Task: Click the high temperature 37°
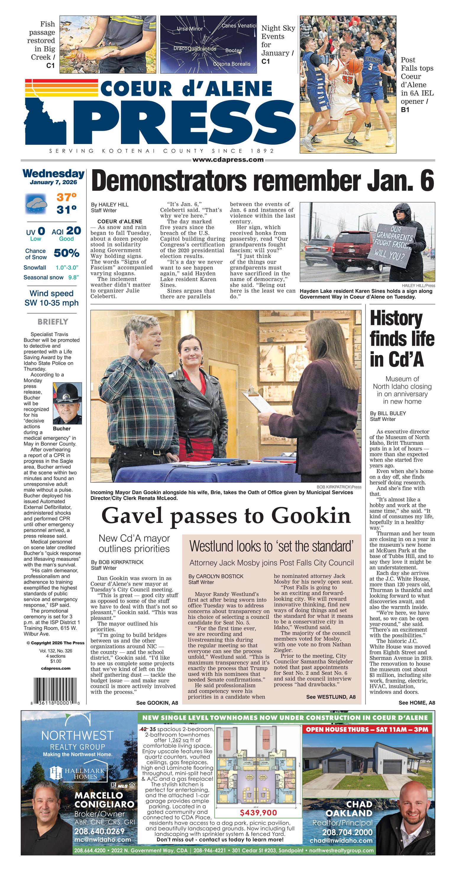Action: point(66,197)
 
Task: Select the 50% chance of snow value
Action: point(67,253)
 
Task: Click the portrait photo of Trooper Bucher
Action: point(67,403)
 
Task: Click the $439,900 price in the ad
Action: point(258,812)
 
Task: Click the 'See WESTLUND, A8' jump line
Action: point(331,696)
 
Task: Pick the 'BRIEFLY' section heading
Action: point(53,322)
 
